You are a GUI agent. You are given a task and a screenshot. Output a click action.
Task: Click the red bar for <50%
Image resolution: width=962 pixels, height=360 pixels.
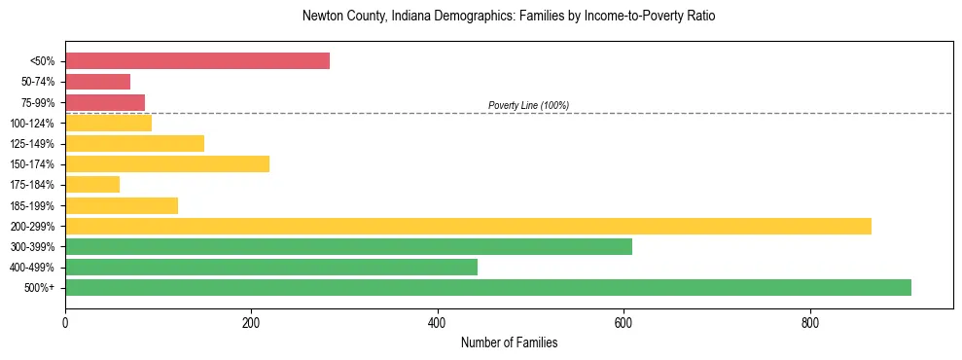click(x=197, y=61)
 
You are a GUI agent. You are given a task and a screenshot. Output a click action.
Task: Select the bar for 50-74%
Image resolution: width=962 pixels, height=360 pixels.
click(x=97, y=82)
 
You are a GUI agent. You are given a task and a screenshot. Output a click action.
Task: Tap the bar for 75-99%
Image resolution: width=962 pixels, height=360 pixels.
click(x=105, y=102)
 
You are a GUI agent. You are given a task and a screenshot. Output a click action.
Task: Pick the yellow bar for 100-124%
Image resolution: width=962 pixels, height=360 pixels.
click(x=108, y=123)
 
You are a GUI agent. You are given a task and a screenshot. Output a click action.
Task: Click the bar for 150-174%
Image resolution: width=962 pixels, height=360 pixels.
click(x=167, y=164)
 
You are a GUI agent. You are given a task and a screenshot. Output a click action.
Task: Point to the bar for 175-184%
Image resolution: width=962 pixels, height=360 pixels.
click(x=92, y=185)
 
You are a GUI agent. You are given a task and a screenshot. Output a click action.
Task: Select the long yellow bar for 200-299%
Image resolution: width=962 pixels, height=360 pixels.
click(x=468, y=226)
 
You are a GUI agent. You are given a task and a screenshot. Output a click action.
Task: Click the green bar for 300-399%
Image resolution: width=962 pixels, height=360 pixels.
click(x=348, y=246)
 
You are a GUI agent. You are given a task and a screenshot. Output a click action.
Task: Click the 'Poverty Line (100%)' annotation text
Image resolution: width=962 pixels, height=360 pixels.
click(x=528, y=105)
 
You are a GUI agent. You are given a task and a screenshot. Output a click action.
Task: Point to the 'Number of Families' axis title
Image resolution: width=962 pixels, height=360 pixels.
click(x=509, y=343)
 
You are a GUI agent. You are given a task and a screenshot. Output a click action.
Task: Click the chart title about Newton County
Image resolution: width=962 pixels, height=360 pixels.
click(x=509, y=17)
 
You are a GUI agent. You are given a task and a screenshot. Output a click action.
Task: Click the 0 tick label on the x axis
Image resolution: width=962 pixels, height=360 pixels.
click(x=65, y=322)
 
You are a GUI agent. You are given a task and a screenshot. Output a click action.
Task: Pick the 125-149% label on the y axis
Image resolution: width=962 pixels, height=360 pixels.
click(x=32, y=144)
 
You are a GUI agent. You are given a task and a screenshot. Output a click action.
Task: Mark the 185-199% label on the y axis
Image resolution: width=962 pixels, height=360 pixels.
click(x=32, y=205)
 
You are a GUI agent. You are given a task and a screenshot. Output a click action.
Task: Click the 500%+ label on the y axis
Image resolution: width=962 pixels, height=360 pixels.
click(x=40, y=288)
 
